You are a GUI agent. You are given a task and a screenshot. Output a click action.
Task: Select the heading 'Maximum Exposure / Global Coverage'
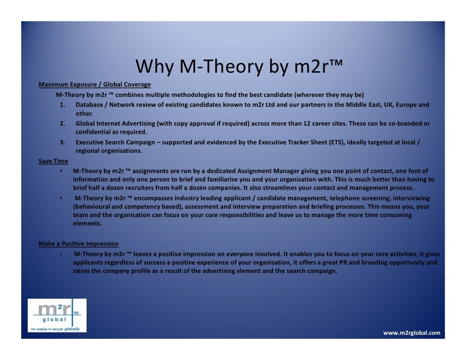click(x=94, y=85)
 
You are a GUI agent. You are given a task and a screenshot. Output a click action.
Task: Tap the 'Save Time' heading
click(x=53, y=161)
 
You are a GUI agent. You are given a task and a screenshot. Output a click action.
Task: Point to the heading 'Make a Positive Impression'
click(x=79, y=244)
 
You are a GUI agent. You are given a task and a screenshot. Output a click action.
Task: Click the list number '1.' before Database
click(x=63, y=105)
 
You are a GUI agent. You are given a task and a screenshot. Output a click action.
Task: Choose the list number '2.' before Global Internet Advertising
click(x=63, y=124)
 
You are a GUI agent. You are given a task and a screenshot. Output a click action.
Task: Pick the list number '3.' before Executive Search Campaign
click(x=63, y=142)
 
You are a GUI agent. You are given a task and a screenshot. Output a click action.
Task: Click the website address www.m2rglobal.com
click(x=412, y=333)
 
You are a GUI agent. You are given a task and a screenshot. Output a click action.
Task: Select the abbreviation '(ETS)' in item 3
click(x=337, y=142)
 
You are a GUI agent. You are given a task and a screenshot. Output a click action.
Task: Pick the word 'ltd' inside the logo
click(x=76, y=313)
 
